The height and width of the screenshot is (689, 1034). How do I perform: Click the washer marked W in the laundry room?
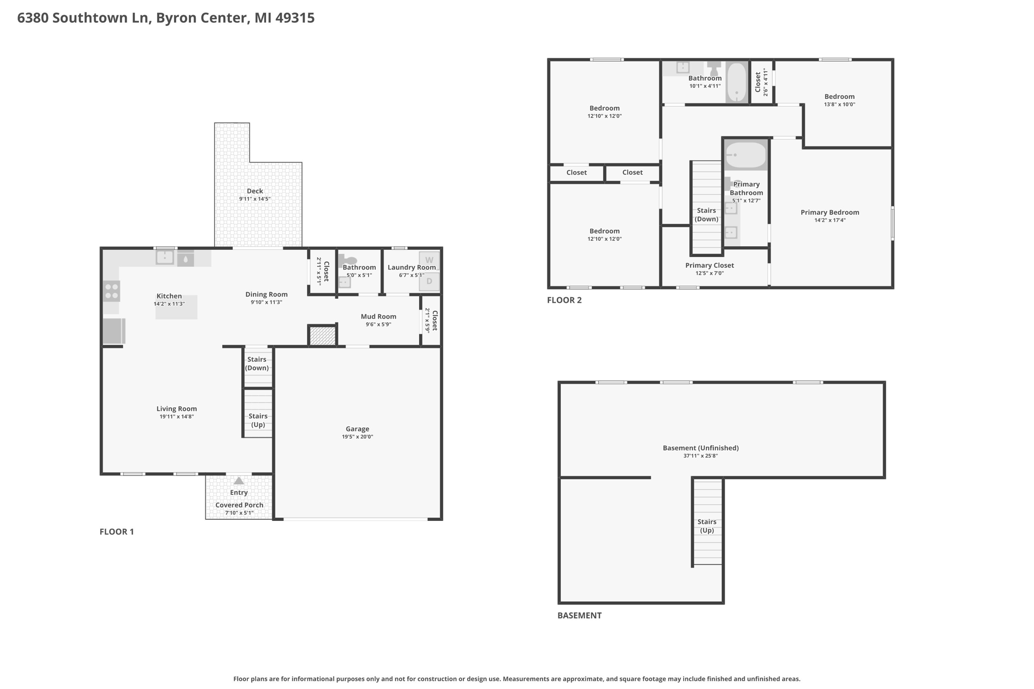[429, 260]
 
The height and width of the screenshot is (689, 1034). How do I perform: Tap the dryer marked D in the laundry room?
[429, 281]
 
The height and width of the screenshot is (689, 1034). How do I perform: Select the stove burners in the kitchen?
[112, 291]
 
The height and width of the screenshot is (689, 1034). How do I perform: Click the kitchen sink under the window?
[165, 257]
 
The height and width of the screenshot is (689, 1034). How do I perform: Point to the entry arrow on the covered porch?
[239, 481]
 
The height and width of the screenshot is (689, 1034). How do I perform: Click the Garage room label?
[357, 429]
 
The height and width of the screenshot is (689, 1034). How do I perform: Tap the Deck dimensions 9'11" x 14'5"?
[255, 199]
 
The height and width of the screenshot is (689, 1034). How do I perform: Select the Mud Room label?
[379, 316]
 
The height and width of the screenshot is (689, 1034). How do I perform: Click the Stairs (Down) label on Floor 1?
[257, 363]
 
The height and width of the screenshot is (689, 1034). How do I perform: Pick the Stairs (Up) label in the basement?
[707, 526]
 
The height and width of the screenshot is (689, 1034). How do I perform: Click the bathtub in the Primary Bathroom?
[746, 154]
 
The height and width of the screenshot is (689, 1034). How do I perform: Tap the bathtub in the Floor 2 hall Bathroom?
[737, 82]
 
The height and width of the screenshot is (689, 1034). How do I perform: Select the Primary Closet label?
[709, 266]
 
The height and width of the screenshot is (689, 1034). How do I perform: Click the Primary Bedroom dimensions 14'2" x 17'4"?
[830, 220]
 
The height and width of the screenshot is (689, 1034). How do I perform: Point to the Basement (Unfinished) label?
[701, 448]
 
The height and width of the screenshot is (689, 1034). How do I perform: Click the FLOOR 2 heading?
[564, 300]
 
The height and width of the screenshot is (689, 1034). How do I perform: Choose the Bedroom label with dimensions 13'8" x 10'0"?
[840, 96]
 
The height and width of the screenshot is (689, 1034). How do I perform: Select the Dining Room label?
[267, 294]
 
